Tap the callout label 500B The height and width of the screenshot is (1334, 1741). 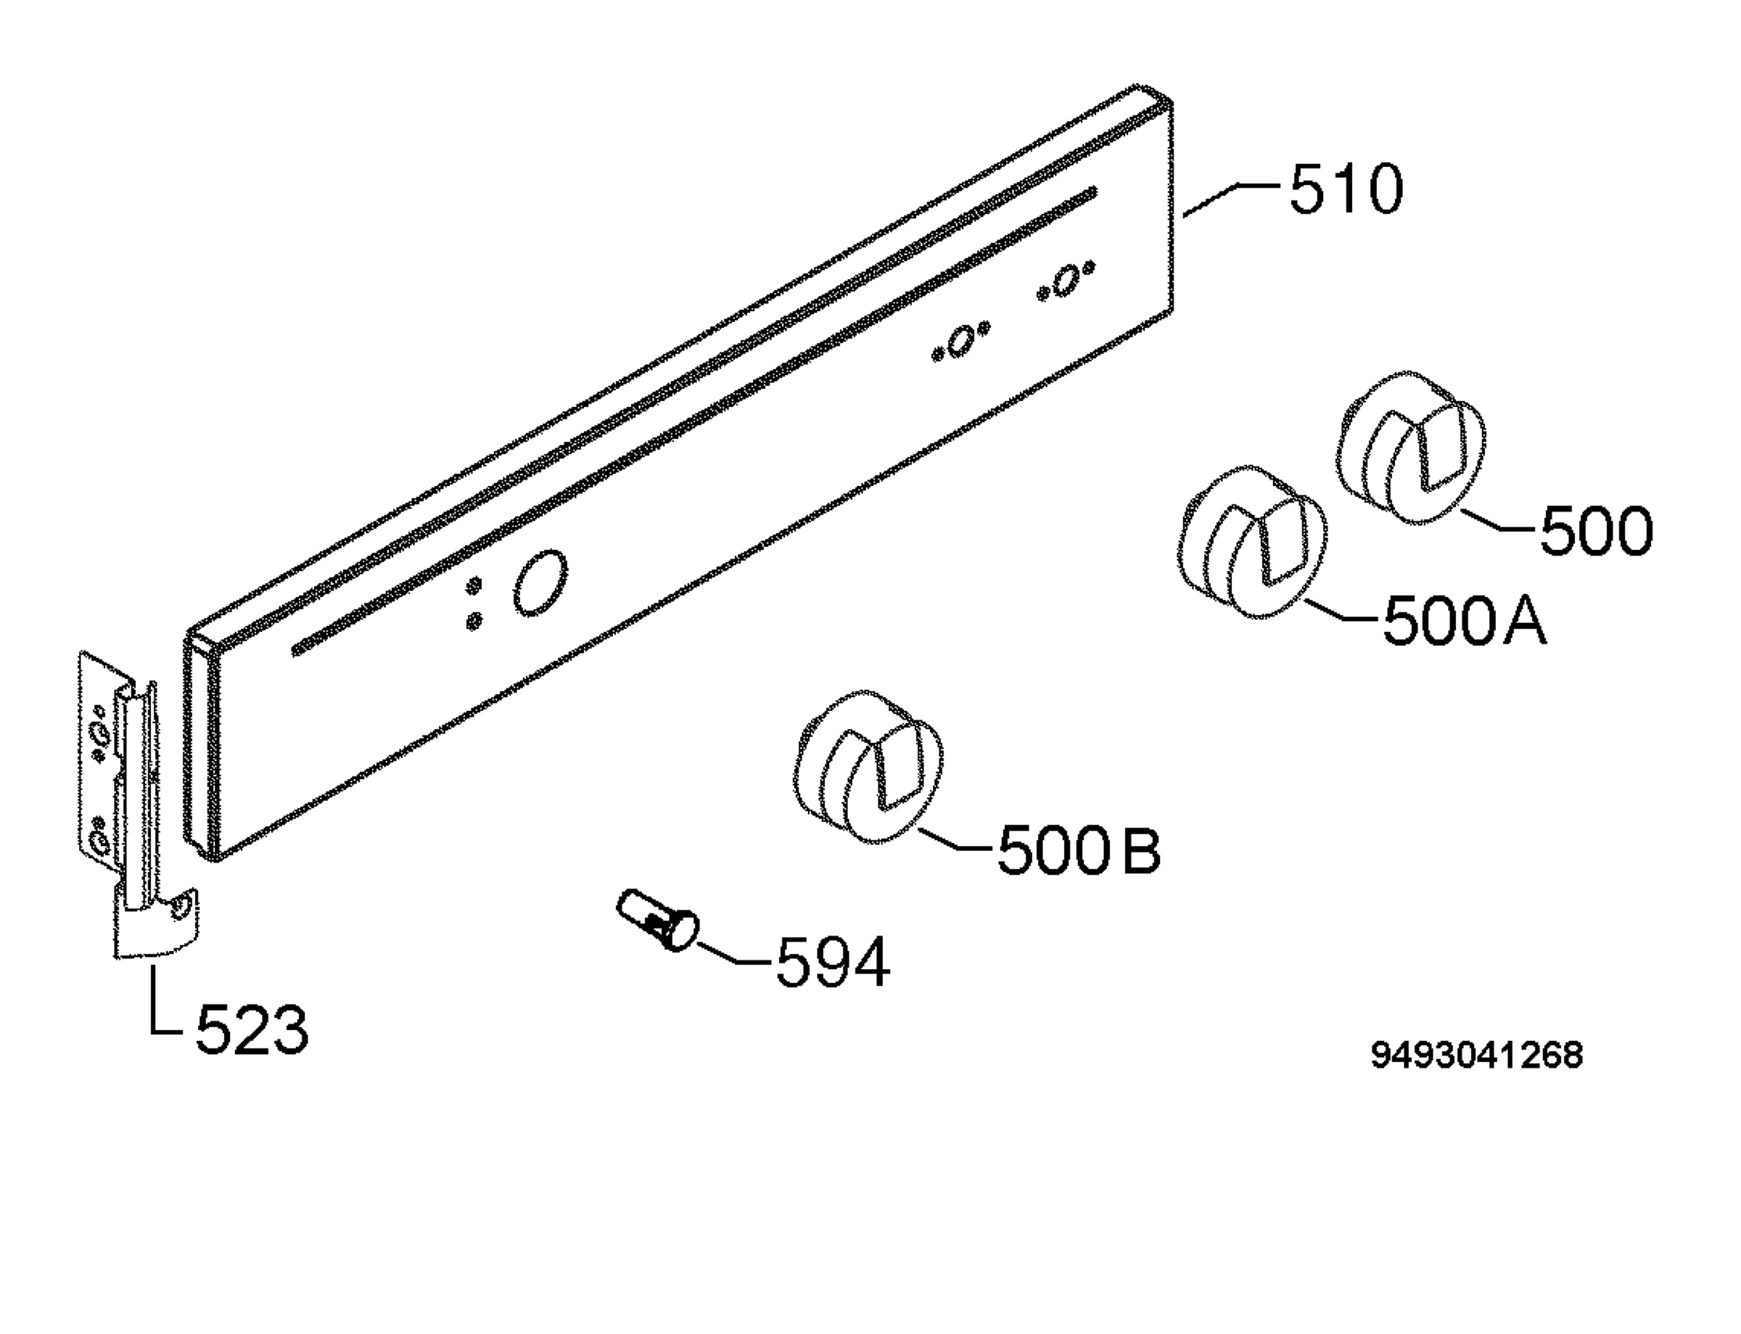point(1079,849)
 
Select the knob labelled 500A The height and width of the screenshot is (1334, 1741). point(1252,543)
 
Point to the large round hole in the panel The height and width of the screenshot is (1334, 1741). point(540,581)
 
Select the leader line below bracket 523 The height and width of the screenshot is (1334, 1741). point(159,997)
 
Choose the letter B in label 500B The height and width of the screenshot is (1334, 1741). point(1141,849)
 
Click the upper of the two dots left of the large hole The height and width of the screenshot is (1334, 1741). point(474,586)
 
